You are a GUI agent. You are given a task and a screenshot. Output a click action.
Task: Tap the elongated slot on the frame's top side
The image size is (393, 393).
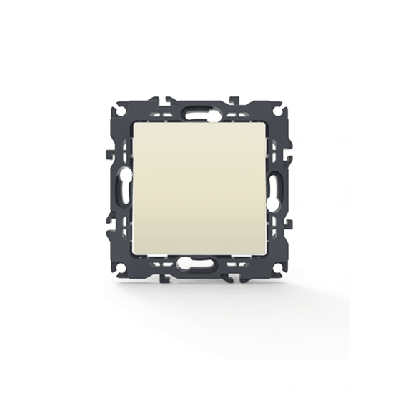(196, 112)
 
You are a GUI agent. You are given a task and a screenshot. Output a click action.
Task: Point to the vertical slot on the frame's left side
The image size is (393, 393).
(121, 187)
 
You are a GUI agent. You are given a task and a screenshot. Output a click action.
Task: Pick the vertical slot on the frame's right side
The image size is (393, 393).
(272, 187)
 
